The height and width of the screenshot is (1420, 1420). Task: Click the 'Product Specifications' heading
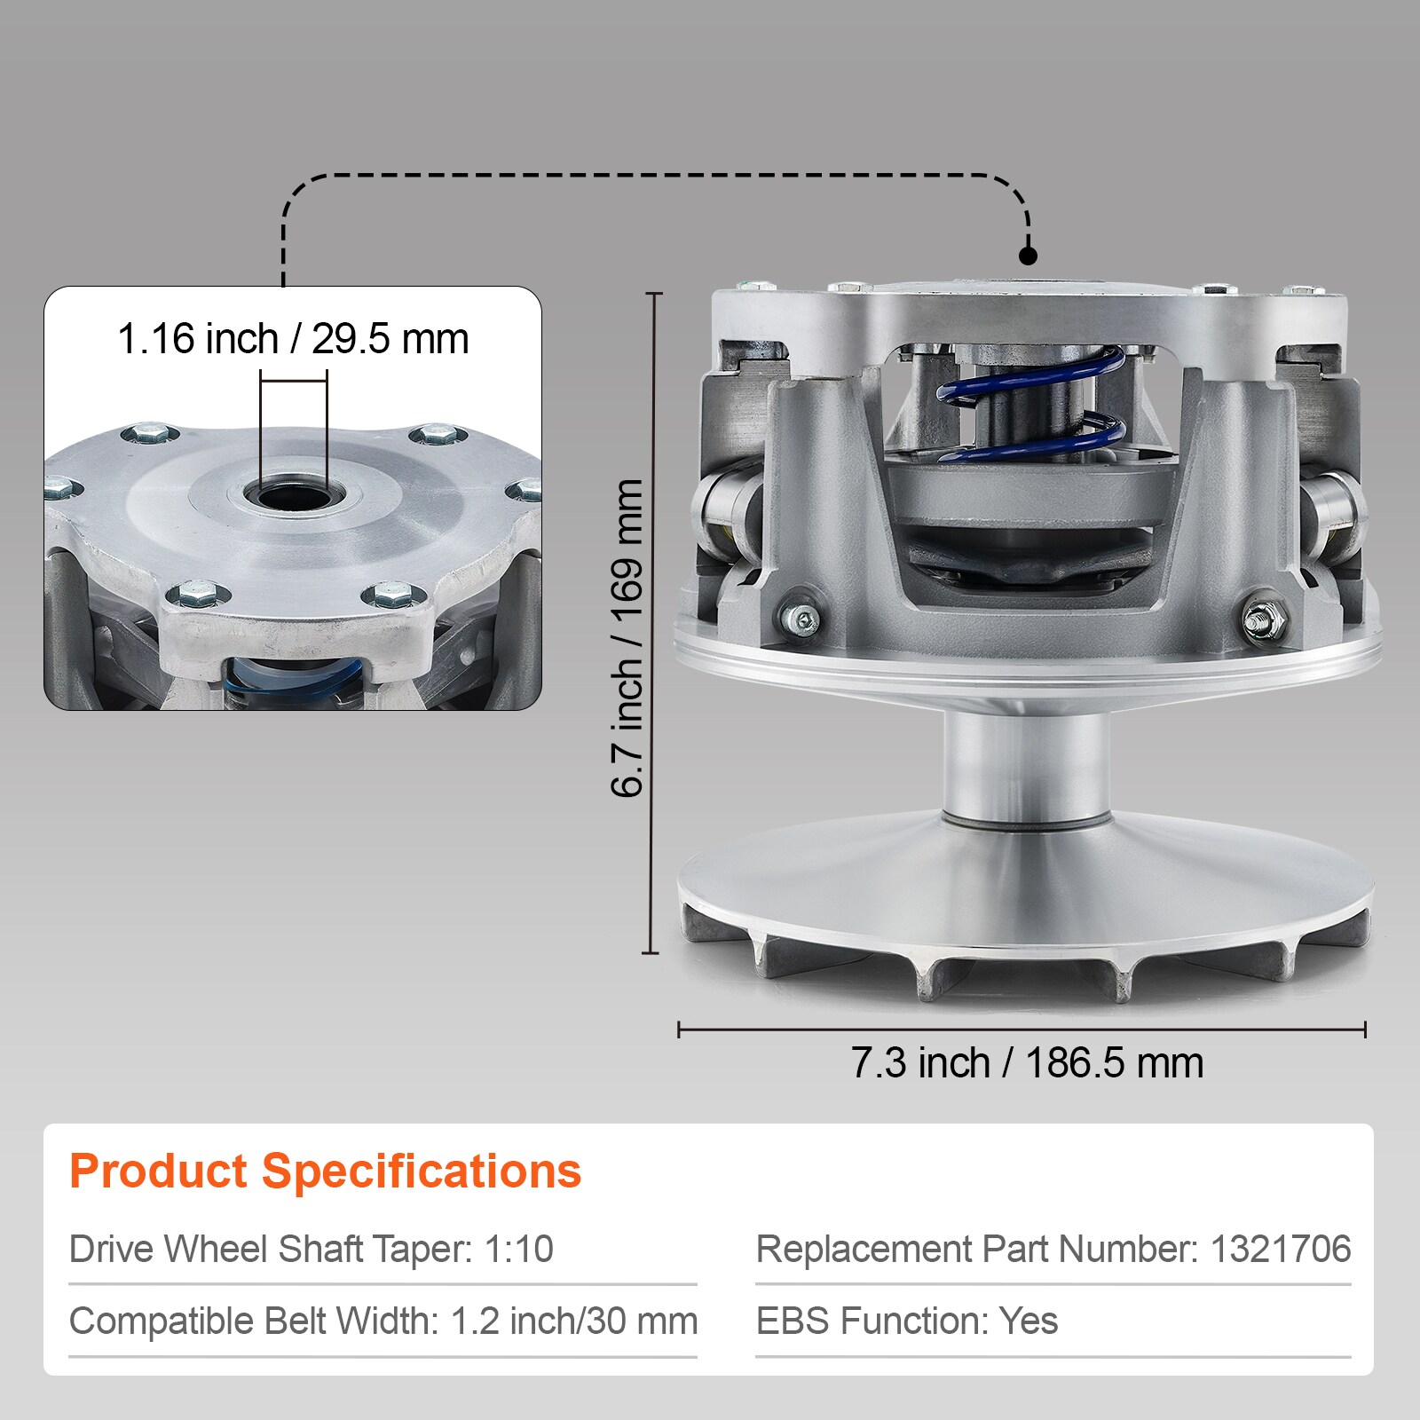pyautogui.click(x=325, y=1171)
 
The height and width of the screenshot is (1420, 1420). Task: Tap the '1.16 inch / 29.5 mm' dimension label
pyautogui.click(x=293, y=339)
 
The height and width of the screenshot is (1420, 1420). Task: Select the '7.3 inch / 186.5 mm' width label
pyautogui.click(x=1027, y=1063)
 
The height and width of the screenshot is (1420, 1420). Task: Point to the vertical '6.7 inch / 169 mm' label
pyautogui.click(x=627, y=638)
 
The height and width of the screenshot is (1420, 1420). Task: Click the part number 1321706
pyautogui.click(x=1281, y=1250)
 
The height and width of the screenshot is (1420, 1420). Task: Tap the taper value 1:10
pyautogui.click(x=518, y=1250)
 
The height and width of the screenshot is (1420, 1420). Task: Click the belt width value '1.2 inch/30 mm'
pyautogui.click(x=574, y=1321)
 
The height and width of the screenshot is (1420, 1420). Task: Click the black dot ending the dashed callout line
pyautogui.click(x=1028, y=256)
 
